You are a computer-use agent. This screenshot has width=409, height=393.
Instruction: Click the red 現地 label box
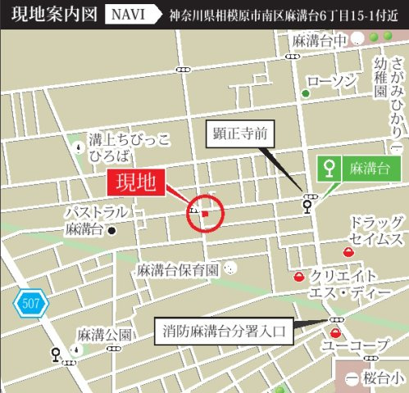pyautogui.click(x=137, y=180)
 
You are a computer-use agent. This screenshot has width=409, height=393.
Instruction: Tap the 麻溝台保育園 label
pyautogui.click(x=178, y=269)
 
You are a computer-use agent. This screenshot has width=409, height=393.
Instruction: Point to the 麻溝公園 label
pyautogui.click(x=104, y=335)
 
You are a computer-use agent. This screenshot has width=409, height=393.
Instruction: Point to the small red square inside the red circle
pyautogui.click(x=205, y=215)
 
